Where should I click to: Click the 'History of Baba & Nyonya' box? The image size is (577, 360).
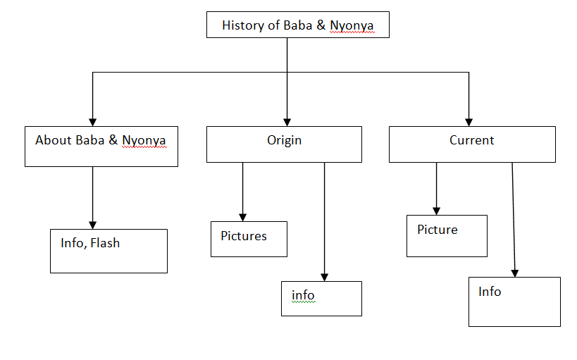pos(297,25)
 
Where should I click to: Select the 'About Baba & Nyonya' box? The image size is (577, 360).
pos(101,147)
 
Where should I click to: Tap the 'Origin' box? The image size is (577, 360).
pos(284,144)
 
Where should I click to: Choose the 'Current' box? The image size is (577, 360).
pos(472,144)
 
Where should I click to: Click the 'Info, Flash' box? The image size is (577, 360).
pos(108,251)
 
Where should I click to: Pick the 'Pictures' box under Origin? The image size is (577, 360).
pos(249,239)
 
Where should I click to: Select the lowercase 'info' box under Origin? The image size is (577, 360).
pos(321,299)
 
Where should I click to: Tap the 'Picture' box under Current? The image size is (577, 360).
pos(447,236)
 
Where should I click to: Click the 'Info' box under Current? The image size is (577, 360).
pos(514,302)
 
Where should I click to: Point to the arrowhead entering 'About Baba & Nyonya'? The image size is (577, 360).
pos(92,122)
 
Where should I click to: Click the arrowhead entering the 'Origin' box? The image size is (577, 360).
pos(287,122)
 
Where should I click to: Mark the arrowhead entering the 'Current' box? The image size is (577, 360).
pos(469,122)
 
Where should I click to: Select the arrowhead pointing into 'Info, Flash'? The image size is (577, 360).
pos(92,225)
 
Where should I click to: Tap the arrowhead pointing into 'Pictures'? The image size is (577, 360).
pos(243,217)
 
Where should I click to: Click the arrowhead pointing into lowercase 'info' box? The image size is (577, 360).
pos(324,277)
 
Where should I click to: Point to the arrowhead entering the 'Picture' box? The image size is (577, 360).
pos(436,211)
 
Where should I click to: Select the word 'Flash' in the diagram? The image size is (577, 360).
pos(105,243)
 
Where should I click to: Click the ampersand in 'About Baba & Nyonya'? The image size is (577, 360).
pos(113,140)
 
